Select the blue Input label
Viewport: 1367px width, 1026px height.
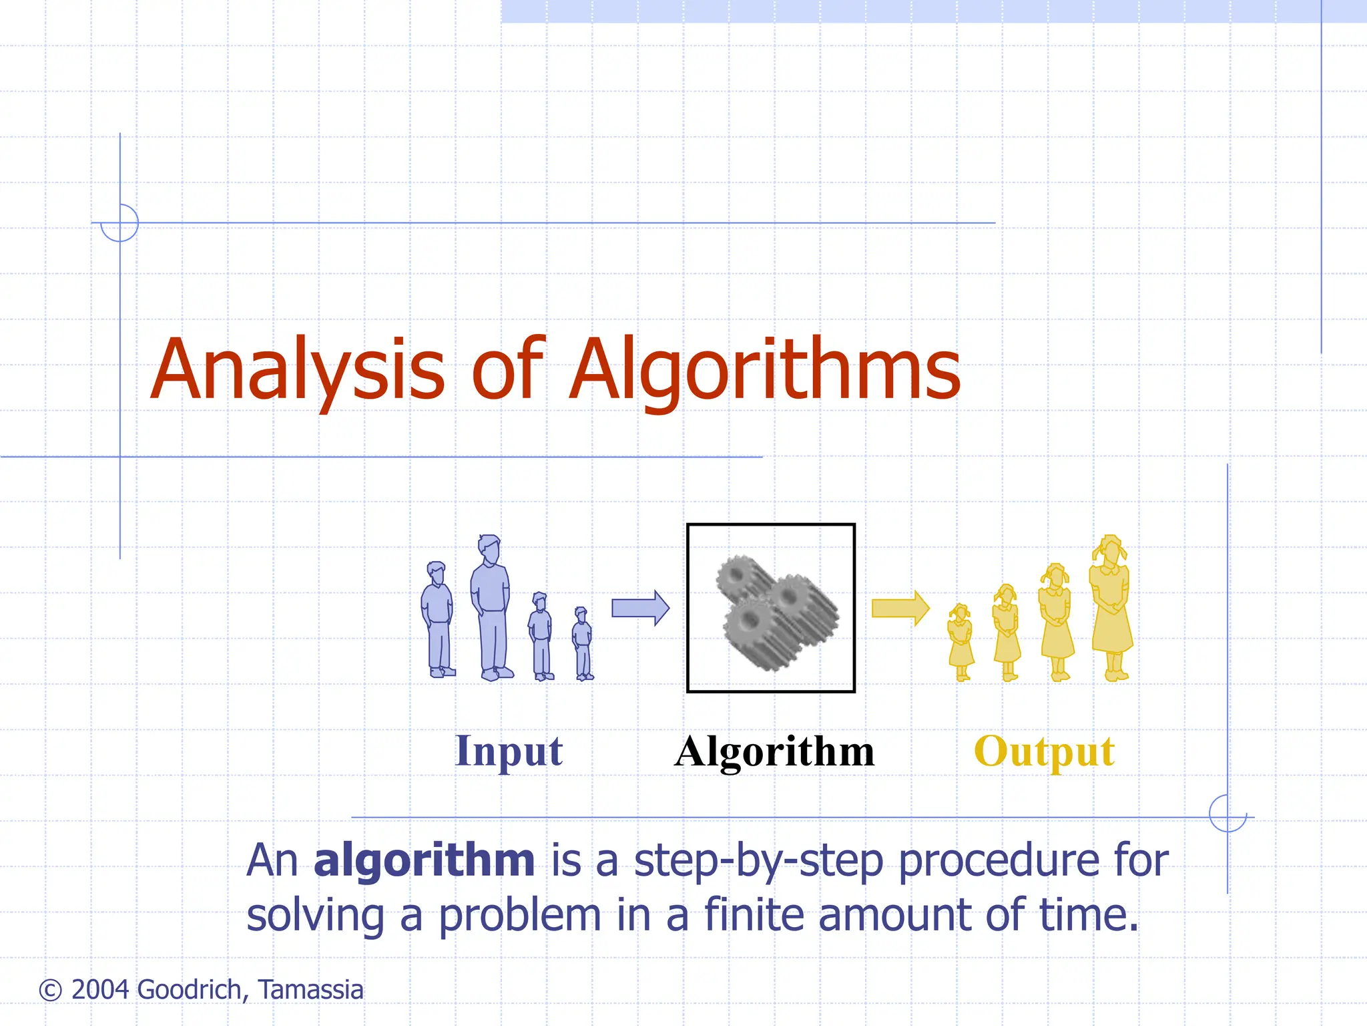point(509,751)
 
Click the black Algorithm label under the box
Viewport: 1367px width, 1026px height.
point(774,751)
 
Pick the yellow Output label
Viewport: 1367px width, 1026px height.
point(1044,751)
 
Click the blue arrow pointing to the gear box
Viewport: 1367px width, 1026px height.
point(640,608)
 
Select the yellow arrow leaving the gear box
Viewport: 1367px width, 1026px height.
point(900,608)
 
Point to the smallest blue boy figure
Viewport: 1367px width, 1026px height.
point(583,645)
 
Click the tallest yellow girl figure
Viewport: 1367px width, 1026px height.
point(1111,608)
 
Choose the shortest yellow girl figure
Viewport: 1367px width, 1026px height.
point(961,643)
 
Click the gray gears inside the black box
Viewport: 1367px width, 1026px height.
point(774,611)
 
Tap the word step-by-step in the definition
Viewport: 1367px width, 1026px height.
point(758,861)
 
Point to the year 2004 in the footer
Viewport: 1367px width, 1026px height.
point(100,990)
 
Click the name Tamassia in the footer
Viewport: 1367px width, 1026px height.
point(311,990)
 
